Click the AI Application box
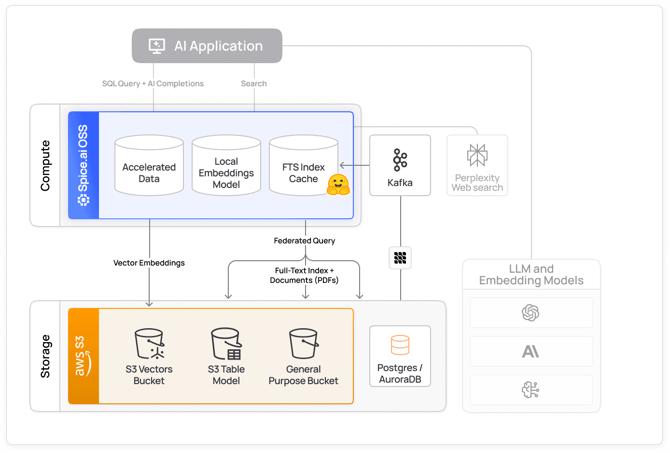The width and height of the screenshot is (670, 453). coord(207,46)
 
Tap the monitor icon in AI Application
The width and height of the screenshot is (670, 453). coord(157,46)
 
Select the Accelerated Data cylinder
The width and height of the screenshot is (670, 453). coord(149,166)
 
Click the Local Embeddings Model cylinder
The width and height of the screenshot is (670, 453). coord(226,166)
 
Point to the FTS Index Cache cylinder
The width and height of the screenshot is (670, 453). coord(303,166)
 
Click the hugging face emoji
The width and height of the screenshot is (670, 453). coord(338,185)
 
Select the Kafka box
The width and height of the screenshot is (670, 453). coord(400,165)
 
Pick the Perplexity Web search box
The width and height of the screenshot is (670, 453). coord(477,165)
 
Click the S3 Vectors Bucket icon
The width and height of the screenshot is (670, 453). coord(149,344)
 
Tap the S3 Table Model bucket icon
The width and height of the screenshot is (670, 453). coord(226,344)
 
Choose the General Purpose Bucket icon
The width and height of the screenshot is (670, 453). coord(304,344)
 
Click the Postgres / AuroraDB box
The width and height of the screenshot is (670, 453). coord(400,356)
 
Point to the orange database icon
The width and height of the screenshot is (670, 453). coord(400,345)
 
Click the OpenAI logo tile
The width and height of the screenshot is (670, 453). coord(531,313)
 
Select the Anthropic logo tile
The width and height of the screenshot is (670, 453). coord(531,351)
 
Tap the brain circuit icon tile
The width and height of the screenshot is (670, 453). coord(531,390)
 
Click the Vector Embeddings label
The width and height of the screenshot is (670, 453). coord(149,263)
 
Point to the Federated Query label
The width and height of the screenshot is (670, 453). coord(304,240)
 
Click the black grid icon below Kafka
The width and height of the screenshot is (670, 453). coord(400,258)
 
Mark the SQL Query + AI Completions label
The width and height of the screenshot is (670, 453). coord(153,83)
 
